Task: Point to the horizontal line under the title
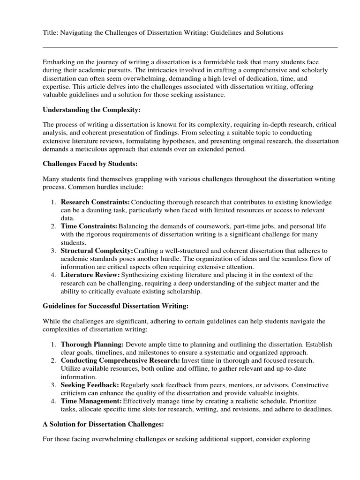[x=190, y=47]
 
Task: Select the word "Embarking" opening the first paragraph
[x=59, y=62]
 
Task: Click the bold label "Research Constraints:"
[x=95, y=202]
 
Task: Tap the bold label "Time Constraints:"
[x=89, y=226]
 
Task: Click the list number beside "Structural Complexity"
[x=53, y=250]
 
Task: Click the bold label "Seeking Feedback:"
[x=90, y=385]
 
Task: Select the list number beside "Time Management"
[x=53, y=401]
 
